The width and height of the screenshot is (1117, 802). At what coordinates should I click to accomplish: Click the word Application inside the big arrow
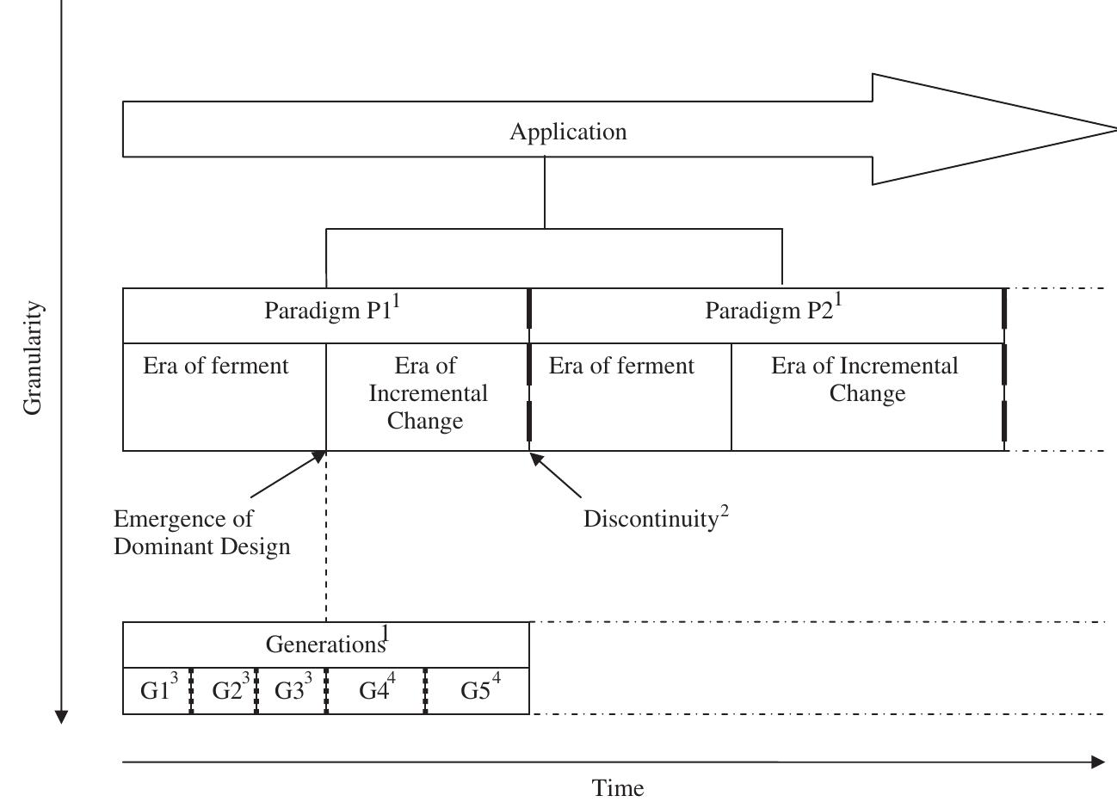568,132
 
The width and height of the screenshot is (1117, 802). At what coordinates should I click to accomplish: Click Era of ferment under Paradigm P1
216,367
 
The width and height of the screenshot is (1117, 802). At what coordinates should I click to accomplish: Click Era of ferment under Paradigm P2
621,367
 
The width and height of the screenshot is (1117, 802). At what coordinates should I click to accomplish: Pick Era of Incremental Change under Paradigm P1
428,393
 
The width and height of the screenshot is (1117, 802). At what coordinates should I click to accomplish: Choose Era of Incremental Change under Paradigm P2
865,379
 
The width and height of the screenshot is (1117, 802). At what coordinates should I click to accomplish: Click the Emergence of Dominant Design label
201,533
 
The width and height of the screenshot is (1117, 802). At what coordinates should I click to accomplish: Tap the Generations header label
326,644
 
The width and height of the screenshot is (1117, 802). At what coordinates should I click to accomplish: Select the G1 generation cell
157,690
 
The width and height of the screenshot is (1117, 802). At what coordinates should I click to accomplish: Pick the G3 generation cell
292,690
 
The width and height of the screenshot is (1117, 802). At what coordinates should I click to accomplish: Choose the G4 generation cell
376,690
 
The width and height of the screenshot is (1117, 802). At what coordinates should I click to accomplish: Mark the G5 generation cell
478,690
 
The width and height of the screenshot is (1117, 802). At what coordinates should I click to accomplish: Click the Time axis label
618,788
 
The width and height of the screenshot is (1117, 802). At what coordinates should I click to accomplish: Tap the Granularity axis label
33,357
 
